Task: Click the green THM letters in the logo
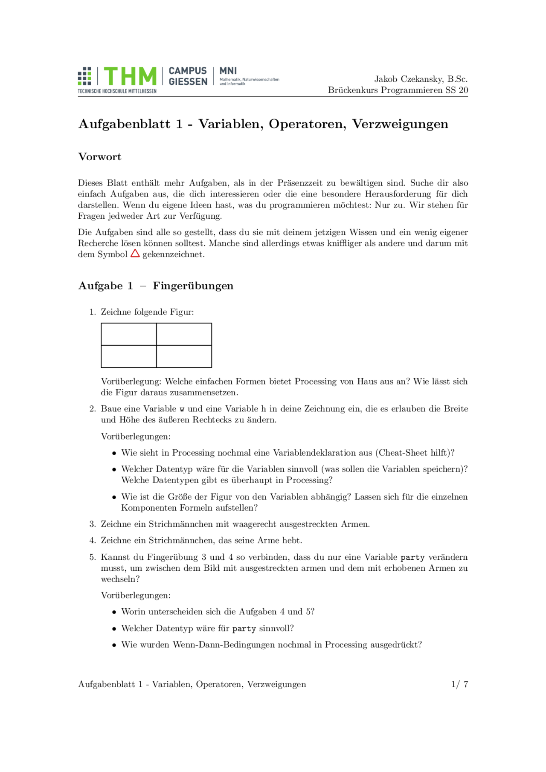[x=130, y=77]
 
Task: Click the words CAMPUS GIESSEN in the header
[x=188, y=76]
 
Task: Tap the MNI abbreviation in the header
[x=228, y=71]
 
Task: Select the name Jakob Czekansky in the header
[x=409, y=79]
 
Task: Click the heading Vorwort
[x=100, y=157]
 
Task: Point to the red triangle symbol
[x=135, y=254]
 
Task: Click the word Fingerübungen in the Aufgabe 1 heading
[x=193, y=286]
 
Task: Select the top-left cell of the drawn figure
[x=128, y=334]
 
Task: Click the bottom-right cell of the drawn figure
[x=184, y=356]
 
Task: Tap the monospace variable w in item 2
[x=182, y=409]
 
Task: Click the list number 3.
[x=92, y=524]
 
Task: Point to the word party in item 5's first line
[x=412, y=557]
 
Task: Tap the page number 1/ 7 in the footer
[x=459, y=684]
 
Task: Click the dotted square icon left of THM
[x=84, y=76]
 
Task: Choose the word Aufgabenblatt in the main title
[x=124, y=124]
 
